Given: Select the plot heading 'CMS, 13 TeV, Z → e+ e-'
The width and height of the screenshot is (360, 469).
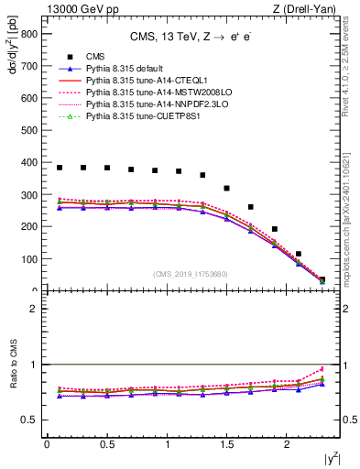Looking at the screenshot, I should (x=194, y=38).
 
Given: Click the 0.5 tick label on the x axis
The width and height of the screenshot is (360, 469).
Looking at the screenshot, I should (x=107, y=444).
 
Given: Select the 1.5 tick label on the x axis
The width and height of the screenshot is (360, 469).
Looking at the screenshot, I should (x=227, y=444).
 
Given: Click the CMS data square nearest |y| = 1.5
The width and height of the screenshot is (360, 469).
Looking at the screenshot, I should (x=227, y=188).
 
